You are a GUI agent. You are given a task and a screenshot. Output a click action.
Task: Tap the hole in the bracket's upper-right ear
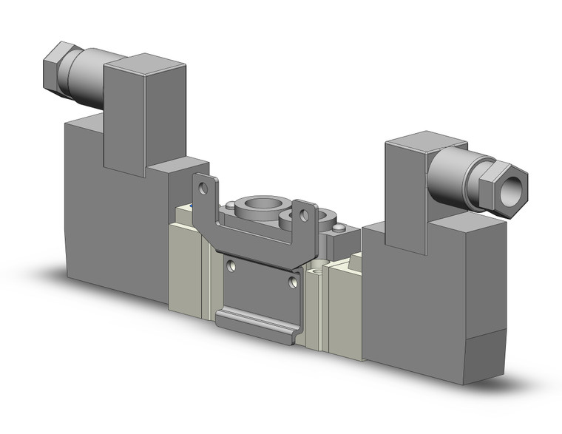[303, 216]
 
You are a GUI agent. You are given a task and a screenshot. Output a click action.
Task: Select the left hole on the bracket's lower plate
[232, 265]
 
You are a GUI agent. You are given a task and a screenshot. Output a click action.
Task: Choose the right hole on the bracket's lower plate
[294, 282]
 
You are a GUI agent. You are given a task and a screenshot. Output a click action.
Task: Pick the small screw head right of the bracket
[338, 229]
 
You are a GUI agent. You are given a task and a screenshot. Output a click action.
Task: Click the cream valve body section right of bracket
[345, 303]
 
